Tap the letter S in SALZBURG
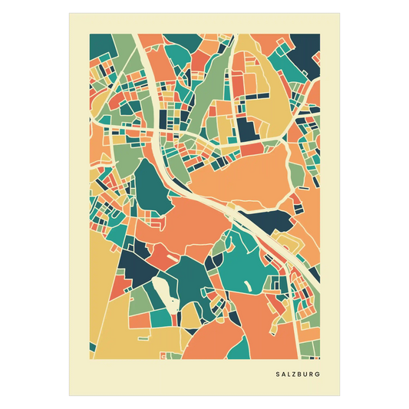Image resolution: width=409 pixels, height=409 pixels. coord(277,375)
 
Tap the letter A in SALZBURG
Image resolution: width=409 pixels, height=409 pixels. coord(283,375)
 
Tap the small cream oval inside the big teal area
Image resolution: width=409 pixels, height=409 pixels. coord(247,285)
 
